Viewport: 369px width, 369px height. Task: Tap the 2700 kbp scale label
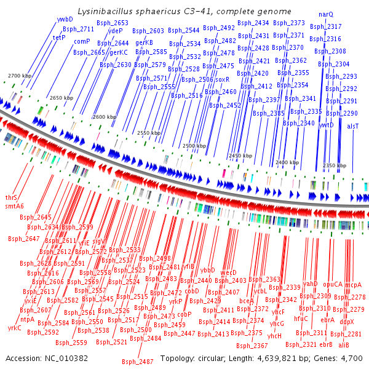coord(19,76)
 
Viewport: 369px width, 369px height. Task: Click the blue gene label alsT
coord(352,125)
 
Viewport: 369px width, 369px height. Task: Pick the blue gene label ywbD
coord(65,20)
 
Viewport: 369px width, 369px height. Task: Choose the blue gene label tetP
coord(59,38)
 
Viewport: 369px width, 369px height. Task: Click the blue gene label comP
coord(82,41)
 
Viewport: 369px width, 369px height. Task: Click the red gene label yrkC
coord(15,328)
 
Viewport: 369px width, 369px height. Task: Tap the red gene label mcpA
coord(353,285)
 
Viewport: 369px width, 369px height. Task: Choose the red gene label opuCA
coord(333,285)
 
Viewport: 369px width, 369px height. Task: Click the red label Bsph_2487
coord(137,362)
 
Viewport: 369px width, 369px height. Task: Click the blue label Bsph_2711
coord(79,29)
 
